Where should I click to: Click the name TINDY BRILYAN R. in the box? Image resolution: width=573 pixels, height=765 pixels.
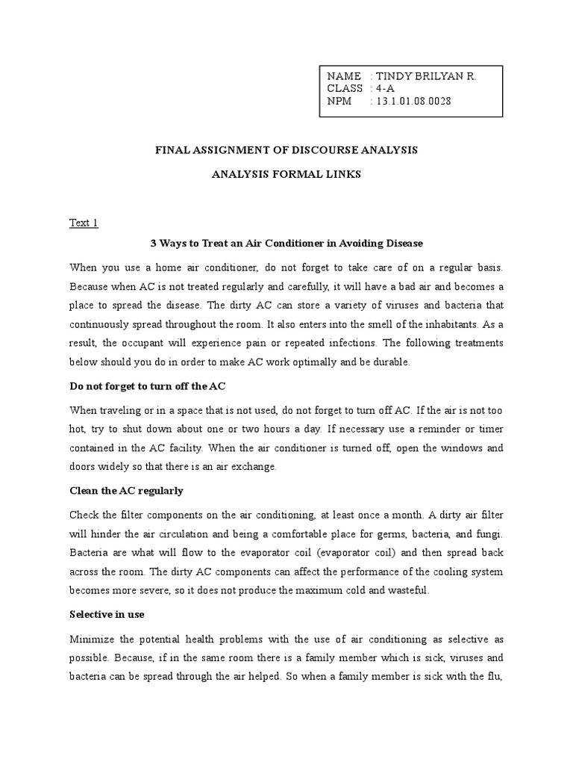point(425,76)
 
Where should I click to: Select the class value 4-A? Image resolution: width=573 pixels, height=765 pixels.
point(385,89)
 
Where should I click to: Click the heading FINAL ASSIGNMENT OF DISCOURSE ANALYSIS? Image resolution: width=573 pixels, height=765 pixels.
point(286,150)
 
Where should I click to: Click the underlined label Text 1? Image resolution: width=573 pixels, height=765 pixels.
point(84,223)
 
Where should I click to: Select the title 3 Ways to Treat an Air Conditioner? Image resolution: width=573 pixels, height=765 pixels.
point(286,244)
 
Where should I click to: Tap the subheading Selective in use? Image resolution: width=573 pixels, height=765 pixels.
point(107,614)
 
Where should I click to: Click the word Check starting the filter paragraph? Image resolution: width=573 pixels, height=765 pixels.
point(84,515)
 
